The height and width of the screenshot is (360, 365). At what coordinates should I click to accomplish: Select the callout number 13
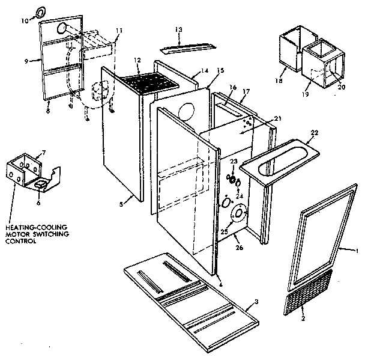178,29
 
